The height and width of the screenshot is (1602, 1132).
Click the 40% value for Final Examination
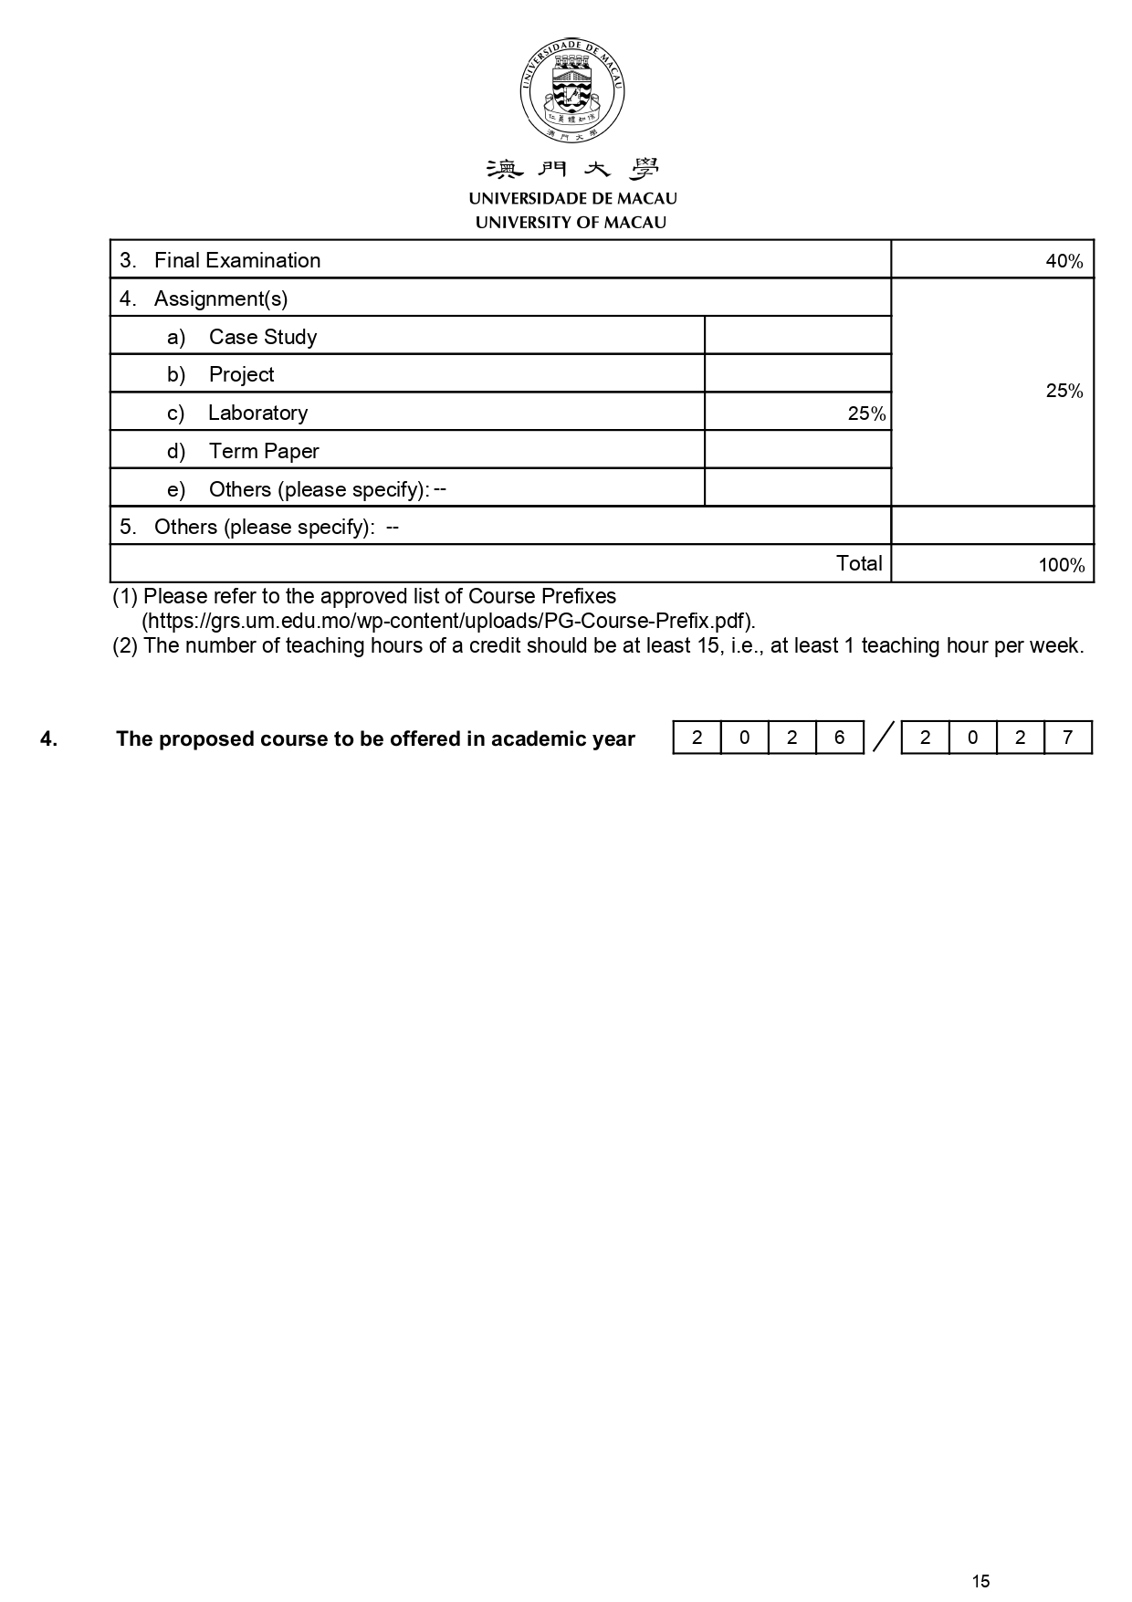[x=1064, y=261]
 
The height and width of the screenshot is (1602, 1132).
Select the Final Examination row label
[x=237, y=260]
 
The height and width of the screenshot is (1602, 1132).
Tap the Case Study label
[x=263, y=337]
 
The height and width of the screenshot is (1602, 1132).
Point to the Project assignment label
[x=241, y=374]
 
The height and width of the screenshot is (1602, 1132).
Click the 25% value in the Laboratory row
[x=865, y=414]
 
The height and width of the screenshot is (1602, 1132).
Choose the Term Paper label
[x=264, y=451]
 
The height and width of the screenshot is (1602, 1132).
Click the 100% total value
[x=1061, y=565]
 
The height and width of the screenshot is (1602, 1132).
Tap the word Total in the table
[x=859, y=563]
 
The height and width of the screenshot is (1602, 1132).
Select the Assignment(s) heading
[x=221, y=298]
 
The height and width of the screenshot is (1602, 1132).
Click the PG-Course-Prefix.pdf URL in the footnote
[x=448, y=621]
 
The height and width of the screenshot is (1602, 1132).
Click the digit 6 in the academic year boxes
[x=839, y=738]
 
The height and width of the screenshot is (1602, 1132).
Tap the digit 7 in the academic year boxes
[x=1067, y=738]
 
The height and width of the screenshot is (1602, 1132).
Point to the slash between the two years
[x=882, y=738]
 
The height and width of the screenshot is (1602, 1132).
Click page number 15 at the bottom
[x=980, y=1581]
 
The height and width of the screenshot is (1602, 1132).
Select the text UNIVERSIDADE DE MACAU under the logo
[x=572, y=198]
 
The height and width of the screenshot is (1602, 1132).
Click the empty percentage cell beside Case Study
[x=797, y=336]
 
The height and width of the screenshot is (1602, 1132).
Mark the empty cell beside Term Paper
[x=797, y=450]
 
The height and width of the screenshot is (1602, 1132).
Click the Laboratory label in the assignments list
[x=257, y=413]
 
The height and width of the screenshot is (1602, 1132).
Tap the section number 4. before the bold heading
[x=48, y=739]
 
